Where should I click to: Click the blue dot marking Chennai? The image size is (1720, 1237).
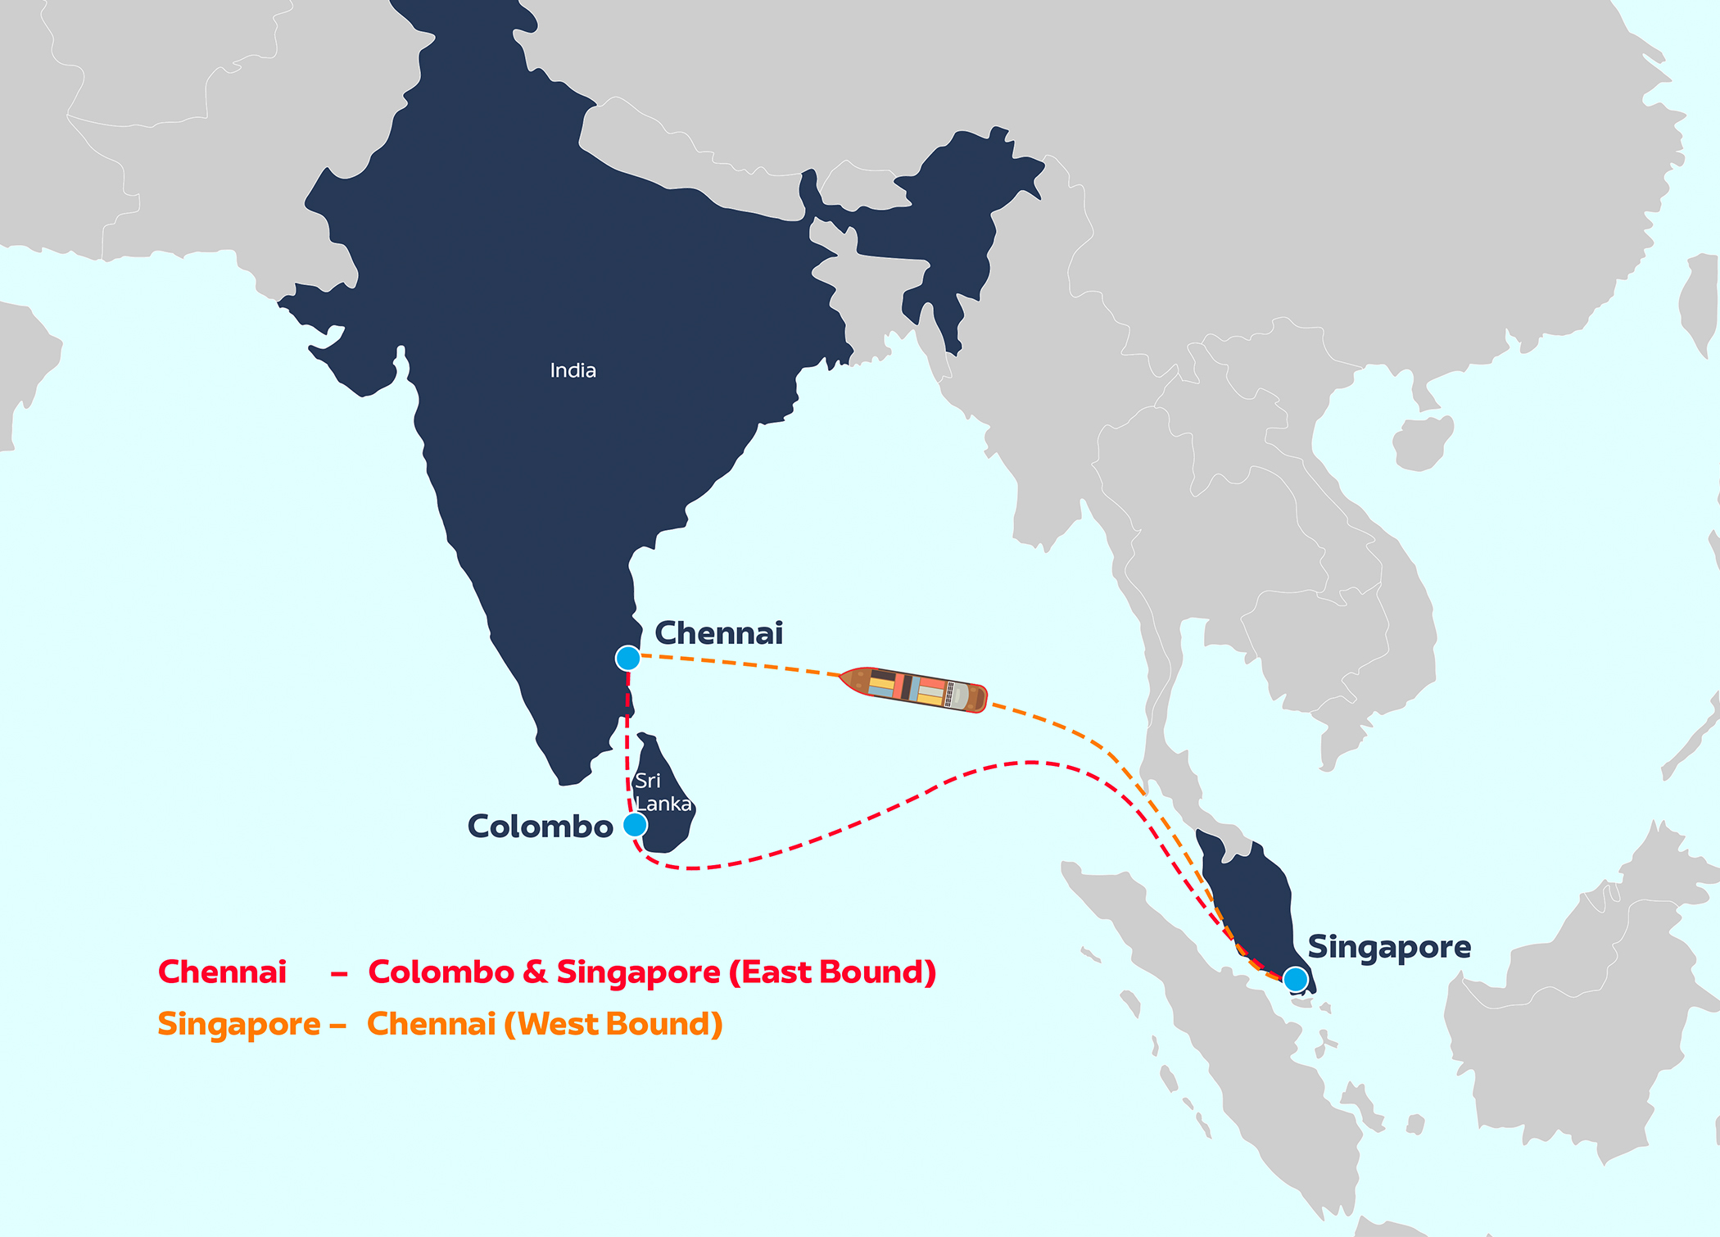[x=628, y=658]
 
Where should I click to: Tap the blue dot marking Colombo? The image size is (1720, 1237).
[x=635, y=824]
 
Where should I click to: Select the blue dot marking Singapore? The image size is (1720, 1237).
[x=1295, y=979]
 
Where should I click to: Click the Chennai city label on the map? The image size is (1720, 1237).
[x=718, y=633]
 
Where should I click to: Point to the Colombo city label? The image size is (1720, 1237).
[x=540, y=827]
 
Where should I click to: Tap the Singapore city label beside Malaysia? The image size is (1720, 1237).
[x=1389, y=947]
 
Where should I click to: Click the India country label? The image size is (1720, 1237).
[x=573, y=370]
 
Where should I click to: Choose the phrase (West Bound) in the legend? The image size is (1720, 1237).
[x=613, y=1025]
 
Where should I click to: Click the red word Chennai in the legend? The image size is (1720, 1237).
[x=222, y=972]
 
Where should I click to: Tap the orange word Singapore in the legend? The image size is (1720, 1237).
[x=239, y=1025]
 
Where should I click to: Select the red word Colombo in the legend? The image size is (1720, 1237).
[x=441, y=972]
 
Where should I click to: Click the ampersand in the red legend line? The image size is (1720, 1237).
[x=535, y=972]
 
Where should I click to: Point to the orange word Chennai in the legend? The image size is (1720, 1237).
[x=431, y=1025]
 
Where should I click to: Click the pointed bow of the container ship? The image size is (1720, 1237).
[x=846, y=677]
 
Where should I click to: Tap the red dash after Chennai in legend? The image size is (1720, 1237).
[x=339, y=974]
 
